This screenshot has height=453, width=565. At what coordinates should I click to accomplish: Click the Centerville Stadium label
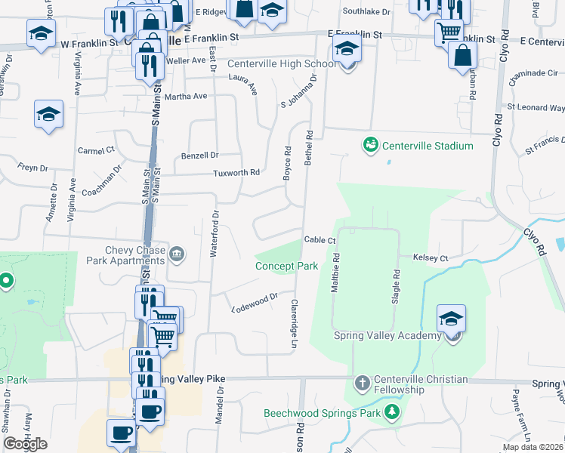coord(428,146)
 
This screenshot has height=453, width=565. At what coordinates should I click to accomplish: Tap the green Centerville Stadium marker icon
coord(370,144)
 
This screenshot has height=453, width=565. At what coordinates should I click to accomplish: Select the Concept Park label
coord(286,267)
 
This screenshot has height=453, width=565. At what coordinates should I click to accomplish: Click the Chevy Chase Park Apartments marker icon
coord(177,253)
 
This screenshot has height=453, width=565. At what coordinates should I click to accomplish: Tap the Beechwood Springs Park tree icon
coord(391,411)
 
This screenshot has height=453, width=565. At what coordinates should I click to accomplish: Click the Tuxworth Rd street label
coord(236,172)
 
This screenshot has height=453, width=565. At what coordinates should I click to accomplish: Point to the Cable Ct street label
coord(320,240)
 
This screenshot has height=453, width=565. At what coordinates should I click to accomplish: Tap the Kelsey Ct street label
coord(431,258)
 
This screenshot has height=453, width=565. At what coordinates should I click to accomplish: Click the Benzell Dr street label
coord(199,156)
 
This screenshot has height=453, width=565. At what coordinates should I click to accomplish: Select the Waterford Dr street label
coord(215,233)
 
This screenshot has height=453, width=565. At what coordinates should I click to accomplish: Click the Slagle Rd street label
coord(395,286)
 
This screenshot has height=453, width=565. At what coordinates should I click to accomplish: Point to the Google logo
coord(25,444)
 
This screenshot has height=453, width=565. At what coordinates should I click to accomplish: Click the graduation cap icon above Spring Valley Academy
coord(451,318)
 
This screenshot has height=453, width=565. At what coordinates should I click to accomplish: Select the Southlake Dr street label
coord(366,12)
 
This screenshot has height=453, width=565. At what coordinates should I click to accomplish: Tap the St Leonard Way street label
coord(536,108)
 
